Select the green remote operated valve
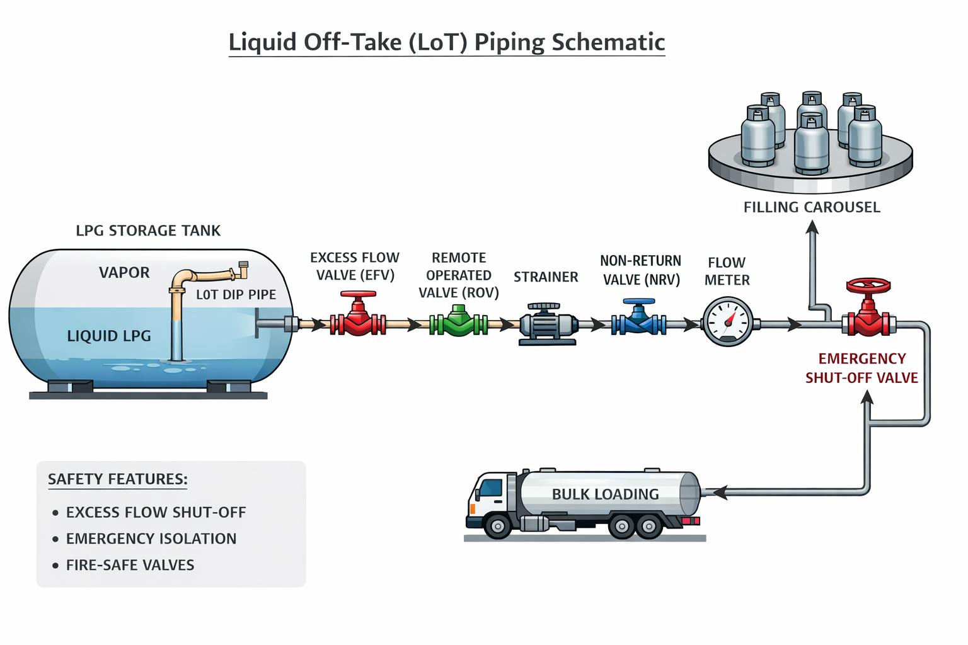pyautogui.click(x=459, y=322)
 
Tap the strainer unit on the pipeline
pyautogui.click(x=548, y=324)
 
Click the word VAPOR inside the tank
pyautogui.click(x=124, y=273)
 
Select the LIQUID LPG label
pyautogui.click(x=109, y=336)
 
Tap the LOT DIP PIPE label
pyautogui.click(x=236, y=295)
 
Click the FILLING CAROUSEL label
pyautogui.click(x=812, y=207)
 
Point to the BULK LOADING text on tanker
pyautogui.click(x=605, y=494)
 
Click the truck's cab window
pyautogui.click(x=491, y=488)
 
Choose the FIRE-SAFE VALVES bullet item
pyautogui.click(x=130, y=565)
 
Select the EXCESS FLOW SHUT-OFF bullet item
pyautogui.click(x=156, y=512)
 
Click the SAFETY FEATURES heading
pyautogui.click(x=118, y=479)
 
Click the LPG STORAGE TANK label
pyautogui.click(x=148, y=231)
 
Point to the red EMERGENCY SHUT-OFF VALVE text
pyautogui.click(x=861, y=368)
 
